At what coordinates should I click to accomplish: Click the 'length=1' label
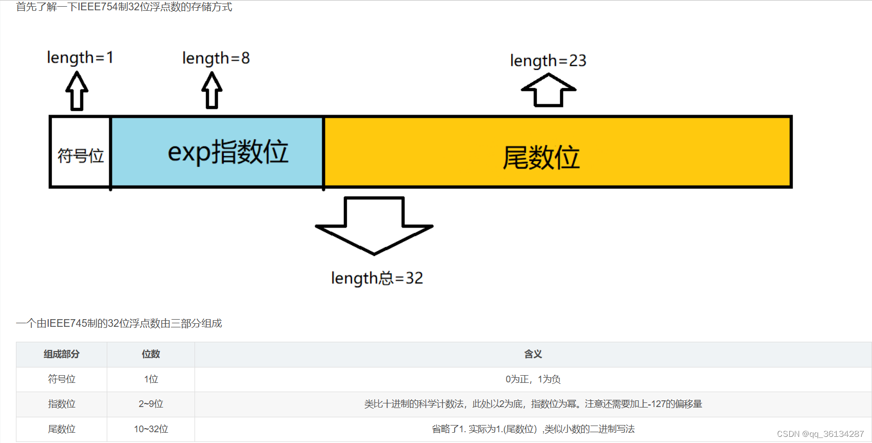click(x=80, y=58)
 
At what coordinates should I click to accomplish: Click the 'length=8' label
click(x=216, y=58)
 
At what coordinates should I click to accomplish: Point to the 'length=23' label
click(x=548, y=61)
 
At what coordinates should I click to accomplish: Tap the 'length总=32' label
click(x=377, y=278)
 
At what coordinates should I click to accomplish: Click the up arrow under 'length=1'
click(x=77, y=91)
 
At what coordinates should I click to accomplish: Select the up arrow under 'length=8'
click(x=212, y=90)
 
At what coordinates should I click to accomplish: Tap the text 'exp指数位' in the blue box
click(x=228, y=152)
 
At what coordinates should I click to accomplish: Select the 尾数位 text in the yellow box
click(x=541, y=157)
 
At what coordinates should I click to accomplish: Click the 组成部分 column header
click(x=62, y=354)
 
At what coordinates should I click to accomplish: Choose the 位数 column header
click(x=151, y=354)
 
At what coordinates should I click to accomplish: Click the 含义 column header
click(x=533, y=354)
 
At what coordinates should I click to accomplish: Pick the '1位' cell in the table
click(x=151, y=379)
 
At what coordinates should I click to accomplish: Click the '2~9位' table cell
click(x=151, y=404)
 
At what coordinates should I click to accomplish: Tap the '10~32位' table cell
click(x=151, y=429)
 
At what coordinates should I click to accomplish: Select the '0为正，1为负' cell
click(x=533, y=379)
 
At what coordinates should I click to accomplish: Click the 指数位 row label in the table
click(x=62, y=404)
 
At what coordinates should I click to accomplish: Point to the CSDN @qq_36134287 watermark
click(x=820, y=434)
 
